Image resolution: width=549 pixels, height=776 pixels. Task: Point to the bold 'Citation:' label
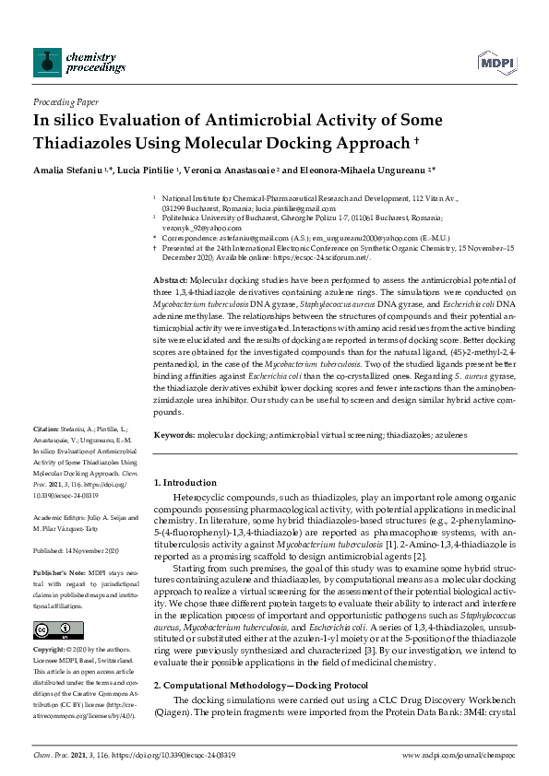[x=45, y=430]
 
